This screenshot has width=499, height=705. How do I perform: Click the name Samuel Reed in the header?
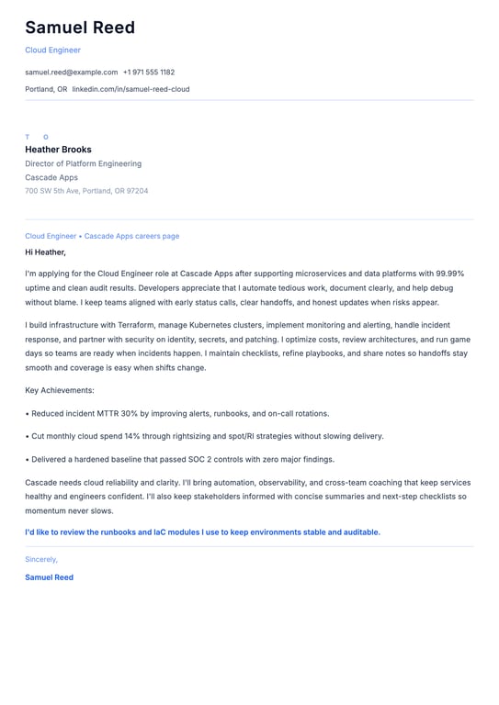point(80,28)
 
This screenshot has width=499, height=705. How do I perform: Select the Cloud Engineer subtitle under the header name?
point(52,50)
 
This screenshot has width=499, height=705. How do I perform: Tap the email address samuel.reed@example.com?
point(71,72)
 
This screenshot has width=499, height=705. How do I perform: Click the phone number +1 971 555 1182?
point(149,72)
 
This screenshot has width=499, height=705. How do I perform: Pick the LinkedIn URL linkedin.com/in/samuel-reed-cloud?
point(130,89)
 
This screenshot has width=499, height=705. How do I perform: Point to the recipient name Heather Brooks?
point(58,150)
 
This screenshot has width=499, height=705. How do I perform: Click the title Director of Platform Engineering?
point(83,163)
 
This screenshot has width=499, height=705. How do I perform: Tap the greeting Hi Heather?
point(45,252)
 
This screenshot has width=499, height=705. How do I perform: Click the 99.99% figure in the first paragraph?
point(448,274)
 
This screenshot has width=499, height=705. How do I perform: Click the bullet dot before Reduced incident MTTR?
point(28,414)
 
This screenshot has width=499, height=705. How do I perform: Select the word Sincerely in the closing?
point(40,559)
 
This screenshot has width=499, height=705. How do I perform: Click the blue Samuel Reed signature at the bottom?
point(49,577)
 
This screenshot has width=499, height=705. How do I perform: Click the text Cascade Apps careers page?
point(132,236)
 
